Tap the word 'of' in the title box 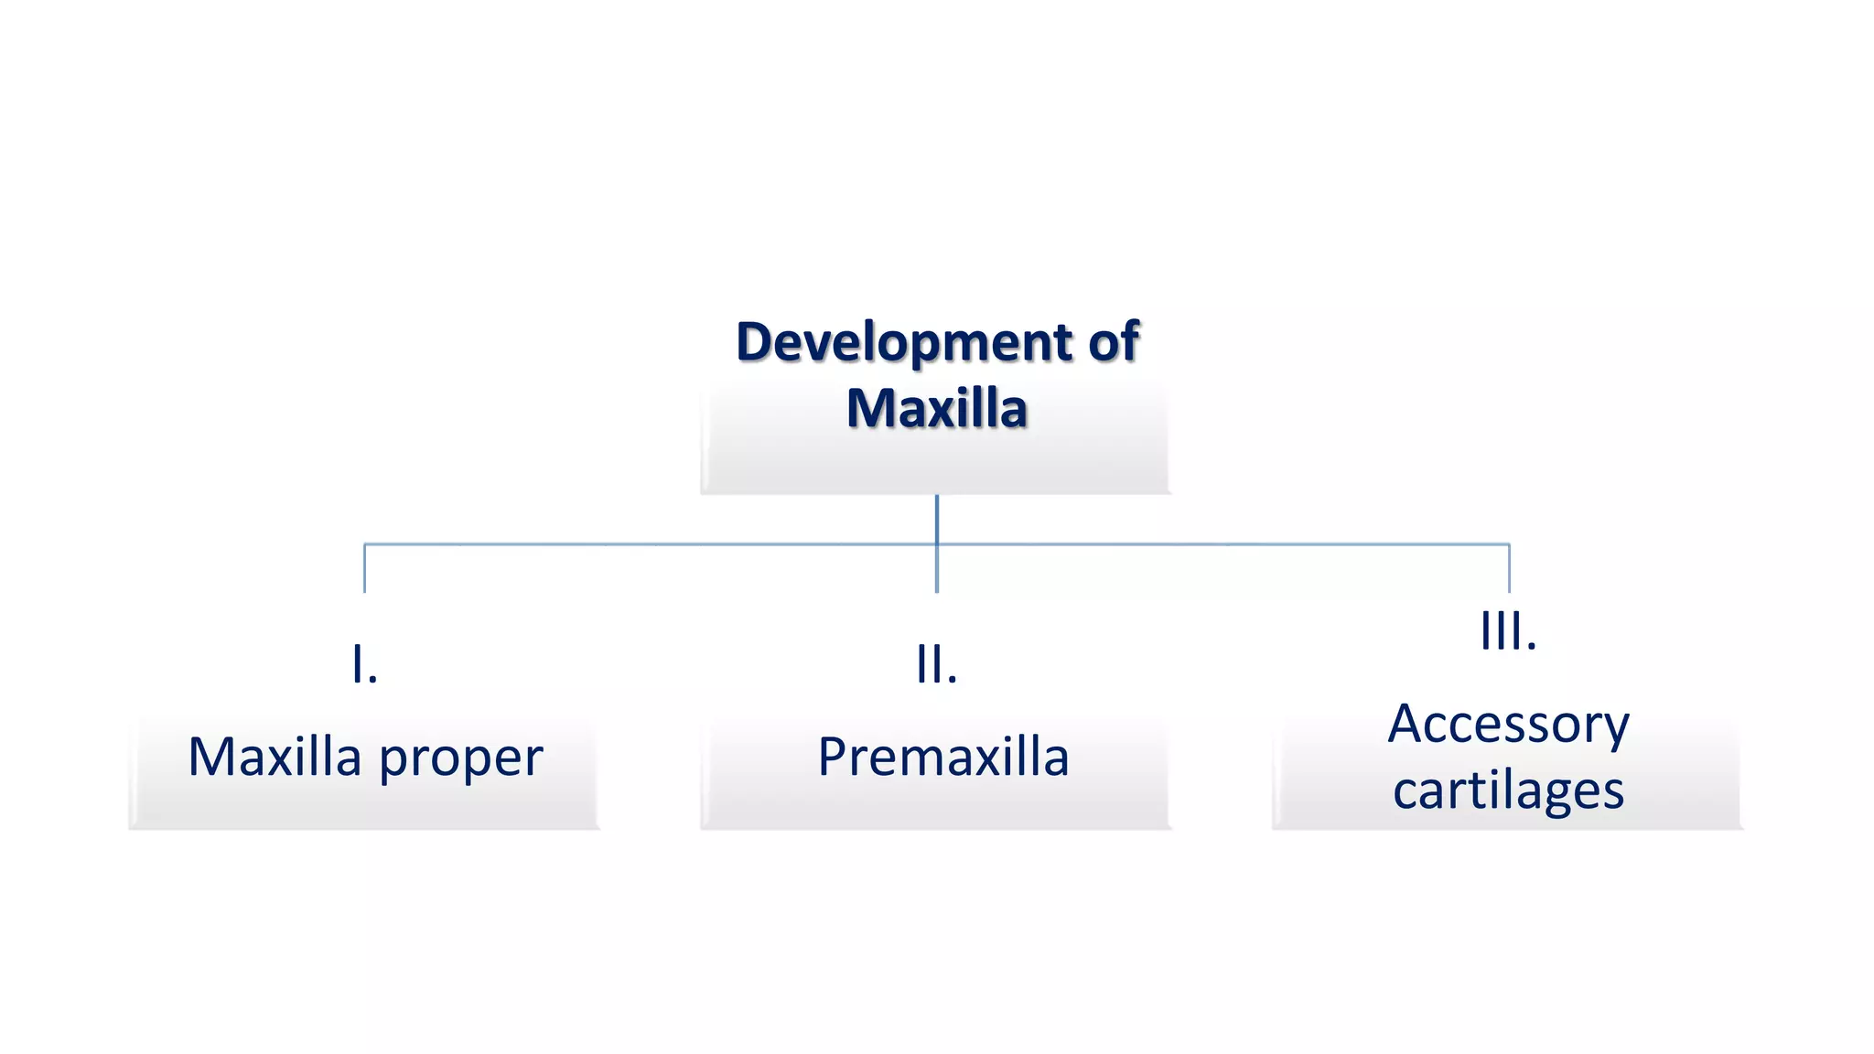pos(1114,341)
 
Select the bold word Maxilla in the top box pos(936,408)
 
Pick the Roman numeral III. pos(1508,630)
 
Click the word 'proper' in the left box pos(461,758)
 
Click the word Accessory pos(1508,725)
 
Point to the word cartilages pos(1508,790)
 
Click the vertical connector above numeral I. pos(365,569)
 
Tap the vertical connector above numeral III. pos(1509,569)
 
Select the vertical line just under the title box pos(937,518)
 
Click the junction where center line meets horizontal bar pos(937,544)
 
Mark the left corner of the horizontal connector pos(365,544)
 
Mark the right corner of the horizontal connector pos(1509,544)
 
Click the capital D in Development pos(756,342)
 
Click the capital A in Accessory pos(1408,724)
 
